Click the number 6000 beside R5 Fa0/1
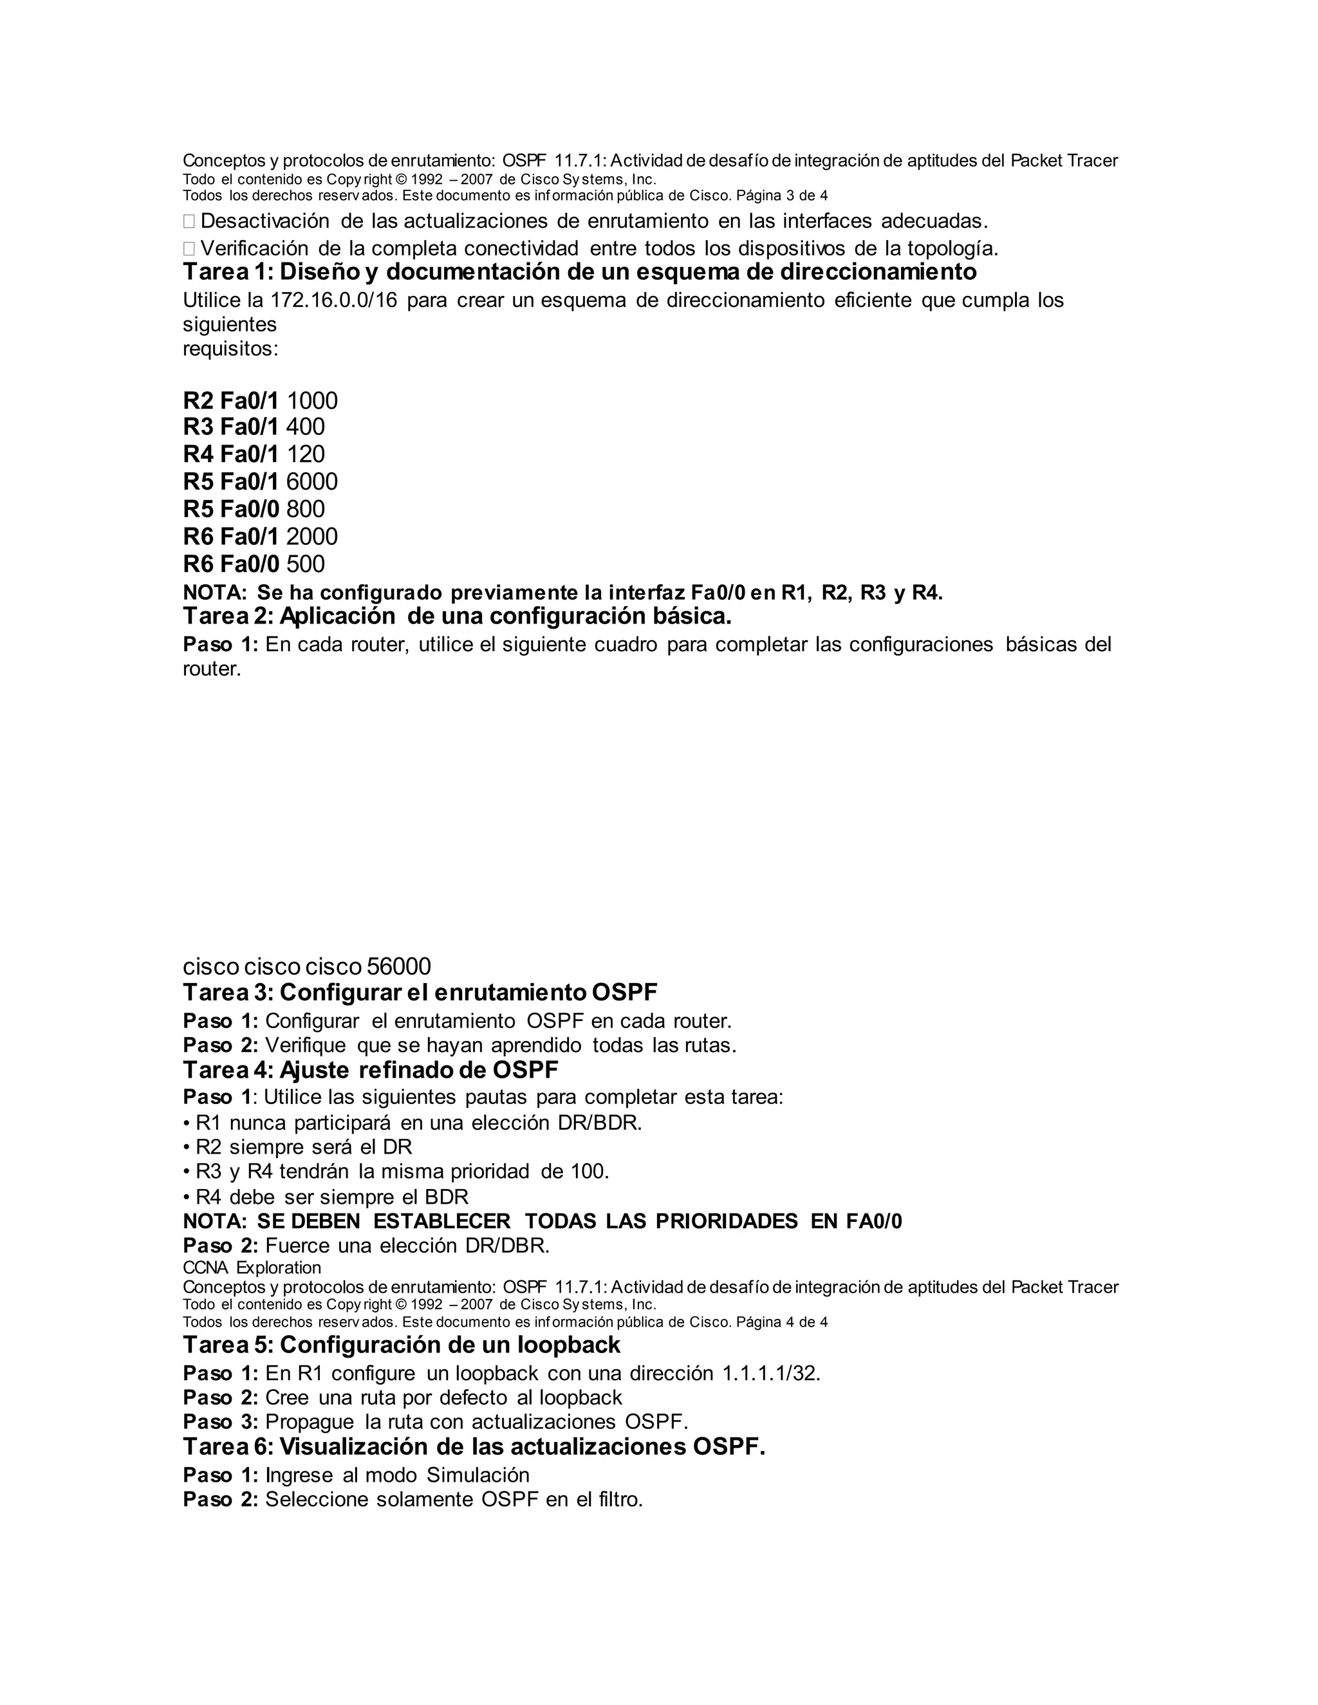[311, 482]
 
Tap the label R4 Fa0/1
[230, 454]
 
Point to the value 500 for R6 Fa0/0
[305, 564]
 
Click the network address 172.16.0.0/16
[333, 300]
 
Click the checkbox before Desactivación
[189, 222]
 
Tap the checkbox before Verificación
[189, 249]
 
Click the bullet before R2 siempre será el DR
[187, 1148]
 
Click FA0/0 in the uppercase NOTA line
[874, 1222]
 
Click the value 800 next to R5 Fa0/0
[305, 509]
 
